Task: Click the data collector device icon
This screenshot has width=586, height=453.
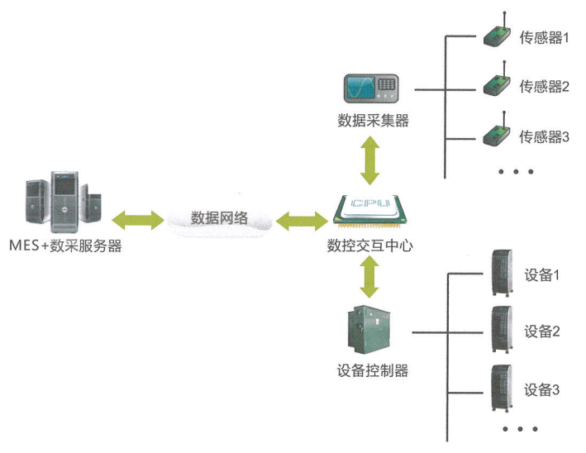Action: pyautogui.click(x=371, y=88)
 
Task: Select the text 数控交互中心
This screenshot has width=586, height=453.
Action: pyautogui.click(x=369, y=245)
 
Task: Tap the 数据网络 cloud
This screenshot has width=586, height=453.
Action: pyautogui.click(x=218, y=219)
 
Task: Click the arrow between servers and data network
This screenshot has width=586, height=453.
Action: pyautogui.click(x=137, y=219)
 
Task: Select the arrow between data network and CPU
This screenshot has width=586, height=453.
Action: pyautogui.click(x=302, y=220)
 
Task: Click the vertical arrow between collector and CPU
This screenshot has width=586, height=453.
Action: pyautogui.click(x=370, y=160)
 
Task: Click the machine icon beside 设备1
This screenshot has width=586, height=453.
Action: pyautogui.click(x=501, y=274)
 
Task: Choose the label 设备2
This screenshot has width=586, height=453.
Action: pyautogui.click(x=543, y=332)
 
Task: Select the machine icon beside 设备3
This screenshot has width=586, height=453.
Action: pyautogui.click(x=501, y=388)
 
